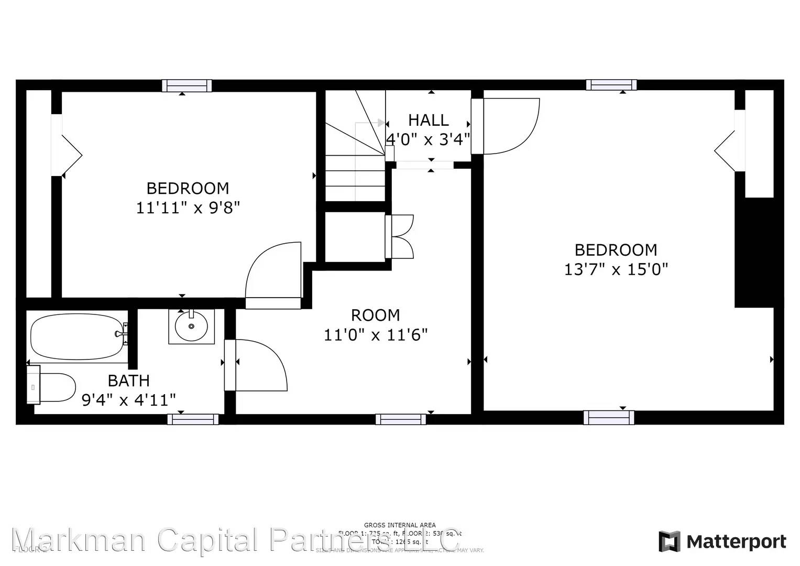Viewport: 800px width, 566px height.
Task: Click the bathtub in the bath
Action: click(78, 336)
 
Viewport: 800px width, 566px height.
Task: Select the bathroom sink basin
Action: click(191, 326)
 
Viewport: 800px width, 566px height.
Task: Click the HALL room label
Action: click(428, 120)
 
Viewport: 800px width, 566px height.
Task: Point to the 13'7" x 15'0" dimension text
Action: click(616, 269)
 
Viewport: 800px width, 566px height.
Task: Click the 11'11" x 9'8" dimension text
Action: click(188, 208)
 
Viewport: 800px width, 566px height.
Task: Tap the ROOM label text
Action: click(375, 315)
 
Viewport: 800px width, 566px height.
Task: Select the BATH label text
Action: click(128, 380)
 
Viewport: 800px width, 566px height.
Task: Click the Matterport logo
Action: click(722, 541)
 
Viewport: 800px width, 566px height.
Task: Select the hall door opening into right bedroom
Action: click(508, 126)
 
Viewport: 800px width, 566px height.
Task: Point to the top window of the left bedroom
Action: click(187, 85)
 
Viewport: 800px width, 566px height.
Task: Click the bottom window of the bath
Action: click(193, 419)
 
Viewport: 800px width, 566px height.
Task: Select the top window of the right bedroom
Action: click(611, 85)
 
